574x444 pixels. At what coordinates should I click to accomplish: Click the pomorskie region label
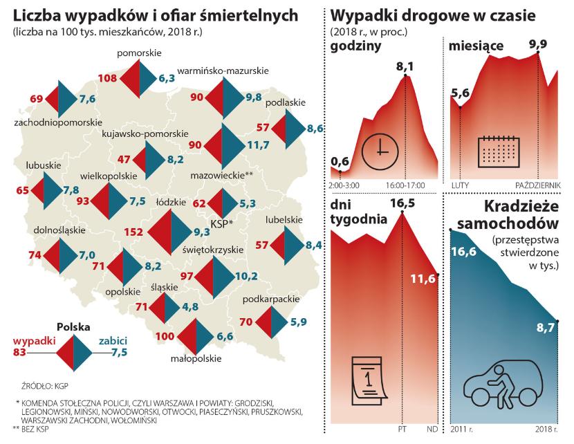pos(138,53)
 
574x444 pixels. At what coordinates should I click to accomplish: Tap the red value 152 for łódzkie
pos(133,233)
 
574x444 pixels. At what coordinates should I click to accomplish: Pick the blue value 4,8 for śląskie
pos(191,306)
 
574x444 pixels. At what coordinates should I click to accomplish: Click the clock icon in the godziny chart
pos(381,149)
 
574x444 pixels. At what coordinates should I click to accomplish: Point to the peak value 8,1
pos(405,66)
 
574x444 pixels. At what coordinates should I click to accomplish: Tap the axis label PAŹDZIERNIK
pos(534,185)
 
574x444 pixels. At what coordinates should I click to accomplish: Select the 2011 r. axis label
pos(463,429)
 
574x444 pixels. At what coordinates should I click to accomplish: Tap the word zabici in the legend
pos(112,342)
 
